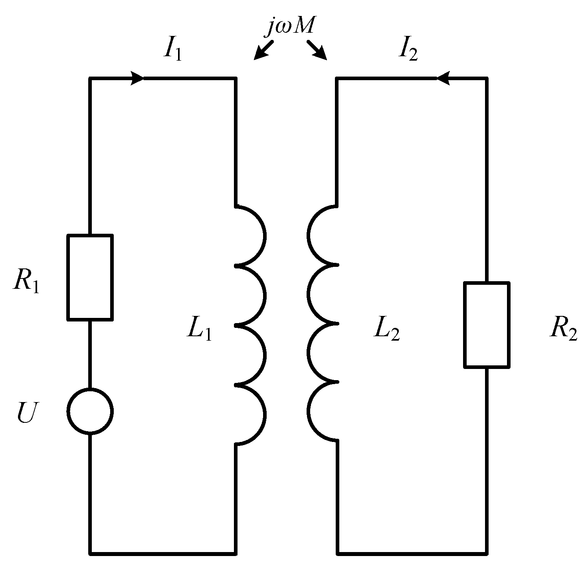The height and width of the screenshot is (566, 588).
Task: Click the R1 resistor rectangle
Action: [x=90, y=277]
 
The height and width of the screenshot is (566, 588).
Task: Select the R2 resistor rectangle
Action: [x=486, y=324]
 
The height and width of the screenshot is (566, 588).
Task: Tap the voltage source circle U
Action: [x=90, y=411]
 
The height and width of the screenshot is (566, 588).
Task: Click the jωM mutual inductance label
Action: [x=291, y=27]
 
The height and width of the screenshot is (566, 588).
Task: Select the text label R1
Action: [x=26, y=281]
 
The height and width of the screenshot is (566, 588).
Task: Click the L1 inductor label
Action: [x=199, y=330]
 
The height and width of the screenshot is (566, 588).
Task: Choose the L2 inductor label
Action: [x=386, y=330]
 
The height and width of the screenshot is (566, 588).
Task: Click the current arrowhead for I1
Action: [x=137, y=78]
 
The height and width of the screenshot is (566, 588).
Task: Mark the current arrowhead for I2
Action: [x=443, y=78]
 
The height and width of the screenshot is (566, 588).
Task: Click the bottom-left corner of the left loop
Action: [x=90, y=553]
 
